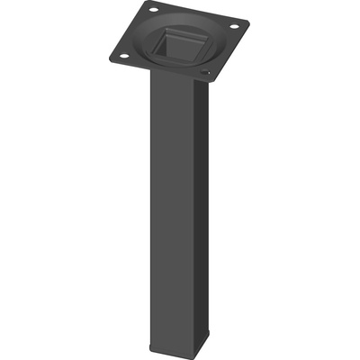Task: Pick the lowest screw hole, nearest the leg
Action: pyautogui.click(x=205, y=72)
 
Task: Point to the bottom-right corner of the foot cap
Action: pyautogui.click(x=210, y=341)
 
